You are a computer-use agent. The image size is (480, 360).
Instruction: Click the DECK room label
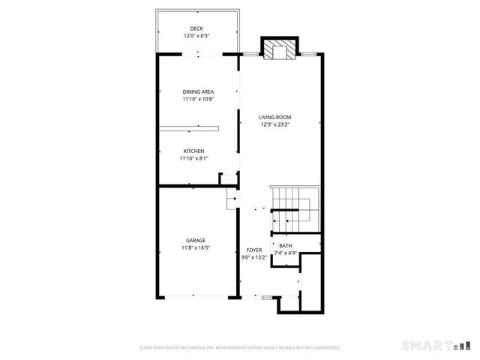[x=197, y=28]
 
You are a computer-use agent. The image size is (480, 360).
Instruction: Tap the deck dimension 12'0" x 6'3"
[x=197, y=35]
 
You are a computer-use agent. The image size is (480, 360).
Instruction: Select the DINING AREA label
[x=197, y=91]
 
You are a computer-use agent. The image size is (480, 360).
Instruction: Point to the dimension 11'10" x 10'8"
[x=197, y=98]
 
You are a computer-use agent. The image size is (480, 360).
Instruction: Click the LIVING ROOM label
[x=275, y=117]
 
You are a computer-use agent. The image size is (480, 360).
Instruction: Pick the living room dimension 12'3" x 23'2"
[x=275, y=124]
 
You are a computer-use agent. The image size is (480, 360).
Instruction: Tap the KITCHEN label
[x=193, y=151]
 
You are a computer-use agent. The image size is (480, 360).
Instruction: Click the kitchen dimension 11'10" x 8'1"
[x=193, y=157]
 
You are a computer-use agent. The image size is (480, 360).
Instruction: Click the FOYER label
[x=253, y=250]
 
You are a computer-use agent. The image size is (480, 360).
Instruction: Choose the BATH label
[x=286, y=246]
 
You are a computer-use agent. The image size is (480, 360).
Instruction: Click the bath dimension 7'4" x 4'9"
[x=286, y=253]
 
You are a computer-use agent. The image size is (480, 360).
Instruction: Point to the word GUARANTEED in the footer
[x=326, y=348]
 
